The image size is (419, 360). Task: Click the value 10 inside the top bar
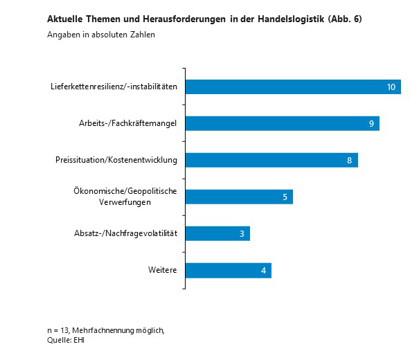(x=391, y=87)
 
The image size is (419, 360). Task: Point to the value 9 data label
(x=371, y=124)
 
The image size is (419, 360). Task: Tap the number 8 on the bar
(x=350, y=161)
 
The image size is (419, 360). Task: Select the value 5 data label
(x=285, y=197)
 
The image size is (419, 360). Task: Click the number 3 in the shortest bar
(x=242, y=234)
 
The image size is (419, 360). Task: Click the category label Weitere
(x=162, y=270)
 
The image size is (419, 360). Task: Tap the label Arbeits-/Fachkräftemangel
(x=128, y=123)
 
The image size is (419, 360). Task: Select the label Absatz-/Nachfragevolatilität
(x=126, y=233)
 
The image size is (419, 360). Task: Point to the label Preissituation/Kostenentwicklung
(x=116, y=160)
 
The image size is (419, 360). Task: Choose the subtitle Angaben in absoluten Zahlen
(x=101, y=35)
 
